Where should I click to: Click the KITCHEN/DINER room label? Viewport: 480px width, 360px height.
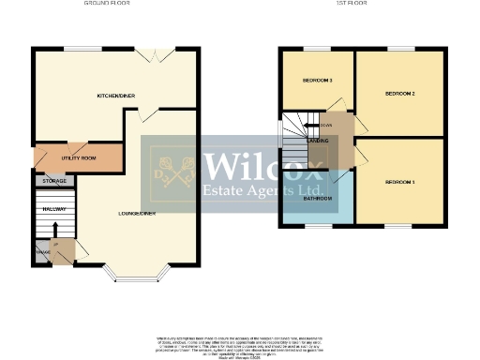coord(117,96)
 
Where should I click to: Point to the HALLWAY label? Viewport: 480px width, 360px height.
coord(53,209)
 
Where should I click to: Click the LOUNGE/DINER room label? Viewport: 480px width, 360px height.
coord(137,214)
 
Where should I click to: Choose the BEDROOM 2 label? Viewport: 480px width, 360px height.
coord(400,95)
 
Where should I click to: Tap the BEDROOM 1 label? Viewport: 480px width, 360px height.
coord(400,181)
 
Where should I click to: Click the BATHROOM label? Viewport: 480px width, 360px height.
coord(316,199)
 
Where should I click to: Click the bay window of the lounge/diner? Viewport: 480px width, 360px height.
coord(136,274)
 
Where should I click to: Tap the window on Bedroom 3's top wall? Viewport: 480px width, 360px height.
coord(316,49)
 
